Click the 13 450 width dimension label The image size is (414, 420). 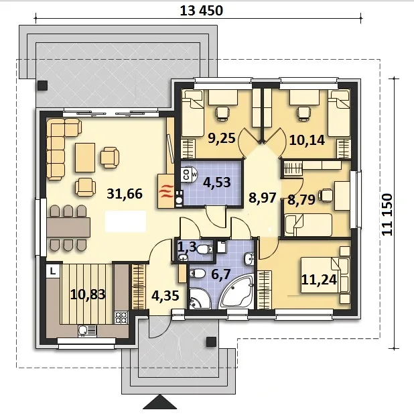point(201,11)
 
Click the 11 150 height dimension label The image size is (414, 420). point(387,215)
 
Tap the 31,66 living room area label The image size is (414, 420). point(125,194)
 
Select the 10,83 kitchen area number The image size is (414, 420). point(88,295)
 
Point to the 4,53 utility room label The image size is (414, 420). point(217,182)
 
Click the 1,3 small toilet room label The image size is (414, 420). point(187,246)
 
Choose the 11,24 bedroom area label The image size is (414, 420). point(319,280)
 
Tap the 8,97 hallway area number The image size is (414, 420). point(263,198)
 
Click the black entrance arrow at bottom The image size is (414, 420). point(160,402)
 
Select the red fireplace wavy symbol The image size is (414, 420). point(166,191)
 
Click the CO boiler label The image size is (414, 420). point(186,174)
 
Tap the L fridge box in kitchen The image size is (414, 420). point(53,271)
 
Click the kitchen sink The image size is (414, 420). point(87,331)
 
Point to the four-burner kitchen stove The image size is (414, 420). point(121,317)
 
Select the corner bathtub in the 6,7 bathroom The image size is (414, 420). point(235,291)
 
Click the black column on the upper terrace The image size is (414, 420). point(42,85)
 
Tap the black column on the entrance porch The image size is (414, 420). point(211,342)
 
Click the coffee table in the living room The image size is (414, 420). point(85,158)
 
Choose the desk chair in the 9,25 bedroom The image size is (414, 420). point(222,113)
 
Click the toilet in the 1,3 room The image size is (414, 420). point(205,250)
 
